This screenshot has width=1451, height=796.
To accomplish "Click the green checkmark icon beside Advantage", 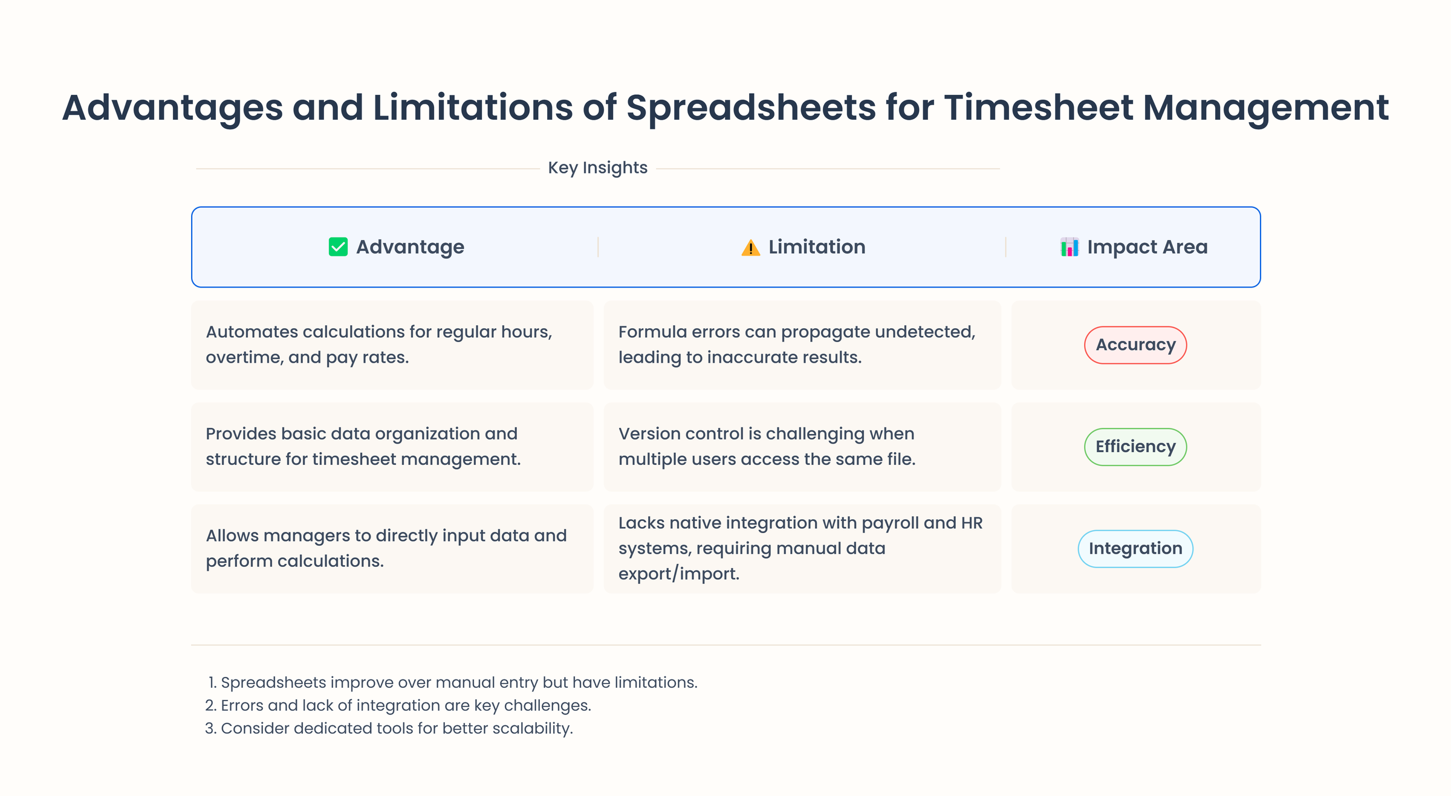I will pyautogui.click(x=338, y=247).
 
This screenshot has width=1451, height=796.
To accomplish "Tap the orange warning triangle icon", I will pyautogui.click(x=750, y=248).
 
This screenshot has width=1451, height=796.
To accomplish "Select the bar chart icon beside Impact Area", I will pyautogui.click(x=1069, y=247).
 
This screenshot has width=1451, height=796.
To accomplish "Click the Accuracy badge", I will pyautogui.click(x=1135, y=345).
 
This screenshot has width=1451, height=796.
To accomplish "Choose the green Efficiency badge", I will pyautogui.click(x=1135, y=447).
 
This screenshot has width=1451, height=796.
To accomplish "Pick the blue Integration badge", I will pyautogui.click(x=1135, y=549).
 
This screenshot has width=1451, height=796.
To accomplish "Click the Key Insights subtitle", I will pyautogui.click(x=597, y=168).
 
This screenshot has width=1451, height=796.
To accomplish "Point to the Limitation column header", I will pyautogui.click(x=816, y=247).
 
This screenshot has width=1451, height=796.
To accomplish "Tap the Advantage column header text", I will pyautogui.click(x=410, y=247).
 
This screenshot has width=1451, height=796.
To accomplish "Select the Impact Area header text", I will pyautogui.click(x=1147, y=247).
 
